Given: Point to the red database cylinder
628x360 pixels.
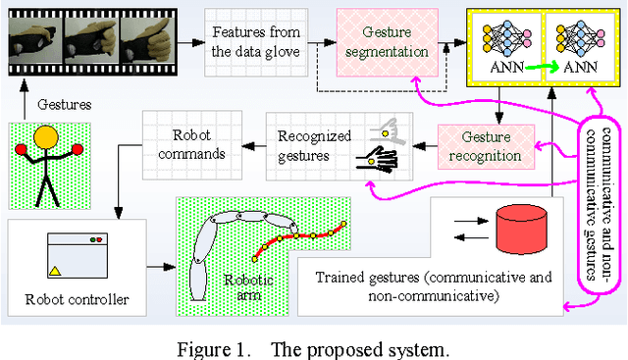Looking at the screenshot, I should pyautogui.click(x=519, y=231).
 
